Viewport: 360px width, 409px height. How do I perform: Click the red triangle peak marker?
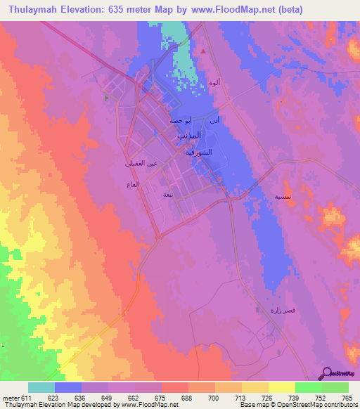(204, 51)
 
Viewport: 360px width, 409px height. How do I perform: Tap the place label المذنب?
(187, 134)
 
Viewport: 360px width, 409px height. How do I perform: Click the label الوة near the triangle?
(214, 83)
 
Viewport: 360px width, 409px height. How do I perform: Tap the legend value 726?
(268, 397)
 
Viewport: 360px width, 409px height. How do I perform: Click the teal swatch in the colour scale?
(41, 387)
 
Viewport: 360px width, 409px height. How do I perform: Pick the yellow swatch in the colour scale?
(281, 387)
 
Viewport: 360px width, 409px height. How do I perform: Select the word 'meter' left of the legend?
(11, 397)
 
